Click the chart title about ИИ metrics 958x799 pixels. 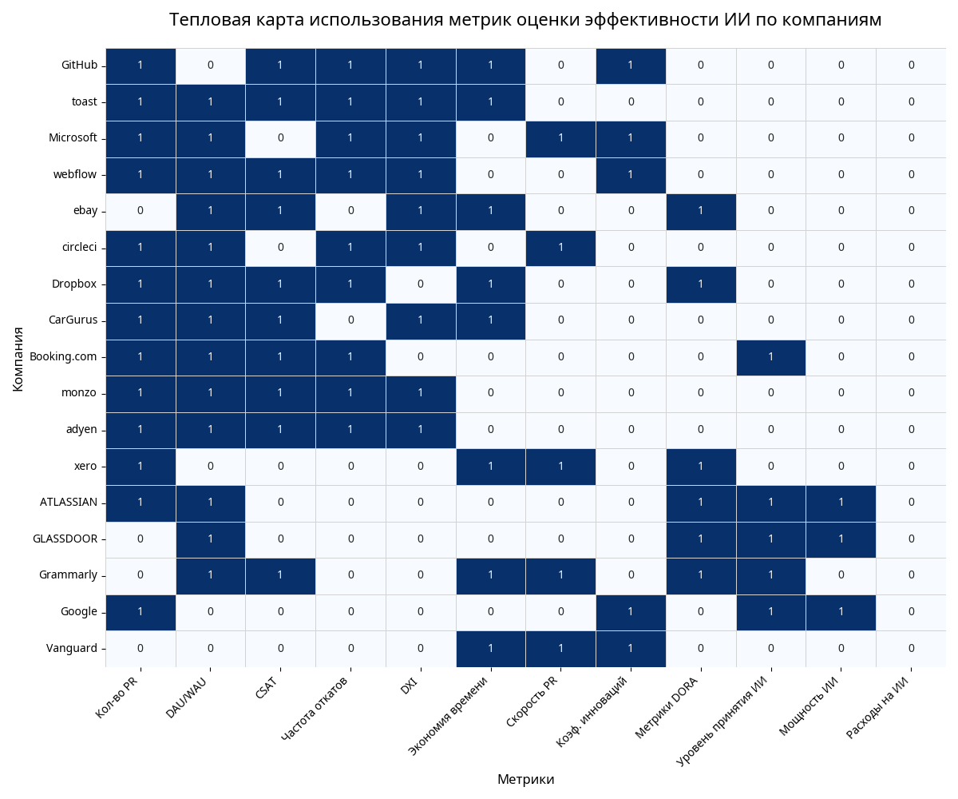[x=525, y=20]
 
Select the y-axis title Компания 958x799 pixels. [x=18, y=358]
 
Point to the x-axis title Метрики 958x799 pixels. [x=525, y=779]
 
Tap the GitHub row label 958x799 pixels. [x=79, y=66]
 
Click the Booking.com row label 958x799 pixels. [x=63, y=356]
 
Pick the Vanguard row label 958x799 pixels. [x=72, y=648]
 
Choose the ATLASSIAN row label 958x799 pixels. [x=69, y=503]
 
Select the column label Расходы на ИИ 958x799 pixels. [x=878, y=708]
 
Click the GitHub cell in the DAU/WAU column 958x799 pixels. [x=210, y=66]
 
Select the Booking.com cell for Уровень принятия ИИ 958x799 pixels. [x=770, y=356]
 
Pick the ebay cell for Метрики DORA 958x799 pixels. [x=700, y=211]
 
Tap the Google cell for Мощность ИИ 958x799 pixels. [x=841, y=612]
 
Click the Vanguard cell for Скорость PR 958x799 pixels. [x=560, y=648]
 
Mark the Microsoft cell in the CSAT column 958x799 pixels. [x=280, y=138]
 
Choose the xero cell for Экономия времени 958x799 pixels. [x=490, y=466]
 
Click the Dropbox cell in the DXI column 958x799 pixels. [x=420, y=284]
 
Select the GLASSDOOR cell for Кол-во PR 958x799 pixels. [x=141, y=539]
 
